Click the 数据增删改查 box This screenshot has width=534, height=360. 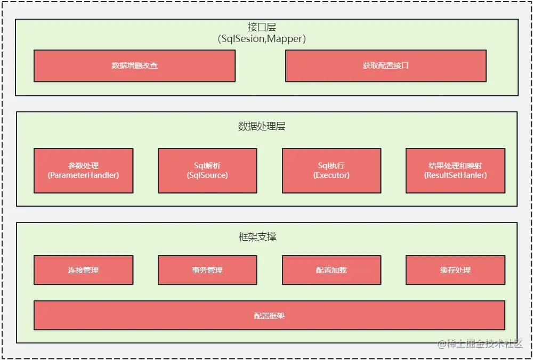click(x=134, y=66)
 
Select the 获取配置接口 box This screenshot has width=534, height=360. click(x=385, y=66)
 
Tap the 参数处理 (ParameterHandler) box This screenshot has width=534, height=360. click(x=83, y=170)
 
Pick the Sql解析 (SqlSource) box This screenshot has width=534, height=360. click(x=207, y=170)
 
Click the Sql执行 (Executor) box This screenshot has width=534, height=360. click(x=331, y=170)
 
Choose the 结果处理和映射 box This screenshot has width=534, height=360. click(x=455, y=170)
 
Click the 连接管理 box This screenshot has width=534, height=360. click(x=83, y=270)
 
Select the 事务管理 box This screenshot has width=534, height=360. click(x=207, y=270)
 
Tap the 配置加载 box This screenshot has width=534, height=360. click(x=331, y=270)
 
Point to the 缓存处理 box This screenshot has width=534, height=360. click(x=455, y=270)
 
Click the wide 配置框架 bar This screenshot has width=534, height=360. click(x=269, y=315)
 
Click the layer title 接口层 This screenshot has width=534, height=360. click(x=262, y=27)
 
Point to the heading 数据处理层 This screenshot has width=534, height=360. click(x=262, y=126)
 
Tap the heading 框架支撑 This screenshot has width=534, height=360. click(x=257, y=237)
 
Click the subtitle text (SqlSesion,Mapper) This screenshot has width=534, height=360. click(x=262, y=39)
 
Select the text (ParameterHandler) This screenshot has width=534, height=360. click(x=83, y=175)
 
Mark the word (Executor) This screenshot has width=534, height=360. click(x=331, y=175)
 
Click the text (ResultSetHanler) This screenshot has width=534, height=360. click(x=455, y=175)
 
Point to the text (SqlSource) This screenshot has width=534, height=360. click(x=207, y=175)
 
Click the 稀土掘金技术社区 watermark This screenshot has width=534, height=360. click(x=480, y=343)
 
